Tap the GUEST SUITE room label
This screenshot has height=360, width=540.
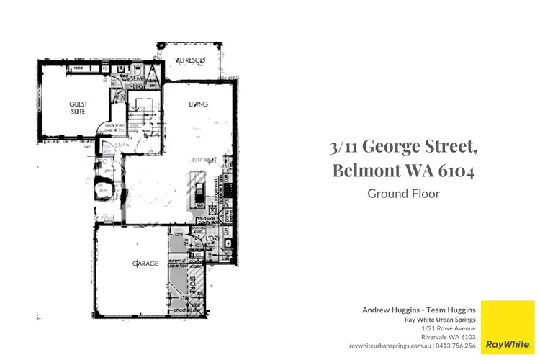click(x=78, y=108)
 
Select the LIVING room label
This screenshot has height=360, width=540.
click(x=198, y=104)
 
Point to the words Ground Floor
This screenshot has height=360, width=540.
click(x=403, y=193)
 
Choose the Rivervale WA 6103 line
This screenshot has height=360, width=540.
click(x=448, y=336)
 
